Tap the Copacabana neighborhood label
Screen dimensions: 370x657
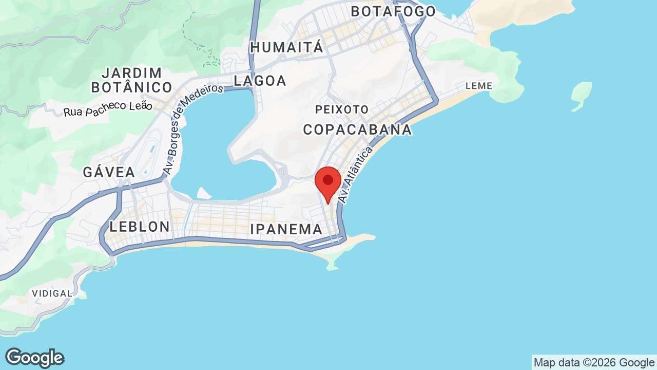tap(357, 129)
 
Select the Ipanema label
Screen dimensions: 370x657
tap(286, 229)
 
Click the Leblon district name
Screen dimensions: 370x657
tap(140, 227)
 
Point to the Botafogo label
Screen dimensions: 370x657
tap(393, 11)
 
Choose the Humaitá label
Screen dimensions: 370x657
tap(286, 48)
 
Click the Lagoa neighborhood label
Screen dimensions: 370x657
tap(260, 81)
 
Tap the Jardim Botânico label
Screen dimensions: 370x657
tap(131, 80)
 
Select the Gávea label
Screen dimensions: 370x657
tap(109, 172)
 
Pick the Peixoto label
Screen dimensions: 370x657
tap(342, 109)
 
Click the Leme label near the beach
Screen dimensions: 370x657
tap(478, 86)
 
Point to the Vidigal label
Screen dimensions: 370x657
tap(52, 293)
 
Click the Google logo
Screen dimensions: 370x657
tap(34, 358)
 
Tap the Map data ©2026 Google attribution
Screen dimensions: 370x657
tap(594, 362)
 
